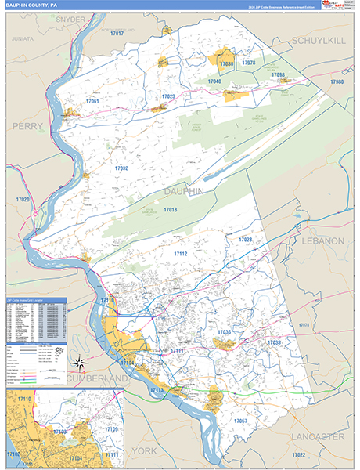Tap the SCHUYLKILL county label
coord(319,40)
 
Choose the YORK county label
coord(146,451)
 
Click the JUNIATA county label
coord(23,37)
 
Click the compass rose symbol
coord(78,362)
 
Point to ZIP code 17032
coord(121,168)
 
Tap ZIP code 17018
coord(170,210)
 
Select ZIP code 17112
coord(181,254)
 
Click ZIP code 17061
coord(92,101)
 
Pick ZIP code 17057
coord(240,421)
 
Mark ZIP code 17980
coord(337,81)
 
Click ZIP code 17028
coord(246,239)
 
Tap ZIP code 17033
coord(274,342)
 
